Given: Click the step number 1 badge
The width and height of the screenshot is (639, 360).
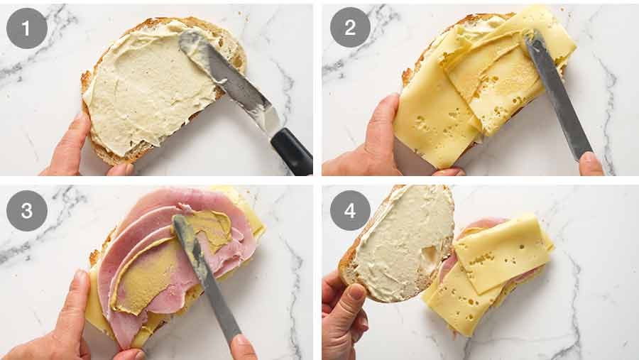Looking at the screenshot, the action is [x=27, y=28].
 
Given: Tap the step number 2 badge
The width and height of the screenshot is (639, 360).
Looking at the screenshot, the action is [x=350, y=28].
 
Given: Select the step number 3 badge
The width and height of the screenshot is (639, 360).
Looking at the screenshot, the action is [x=27, y=211].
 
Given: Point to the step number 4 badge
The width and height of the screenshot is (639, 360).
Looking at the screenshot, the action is [x=350, y=211].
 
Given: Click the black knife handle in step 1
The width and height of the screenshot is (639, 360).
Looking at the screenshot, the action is [x=292, y=151].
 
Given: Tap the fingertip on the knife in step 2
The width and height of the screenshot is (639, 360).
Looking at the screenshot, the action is [x=591, y=163].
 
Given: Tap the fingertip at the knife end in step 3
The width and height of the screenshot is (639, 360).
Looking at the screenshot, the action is [x=244, y=347].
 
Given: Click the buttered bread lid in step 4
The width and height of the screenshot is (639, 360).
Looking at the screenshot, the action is [x=401, y=243].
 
